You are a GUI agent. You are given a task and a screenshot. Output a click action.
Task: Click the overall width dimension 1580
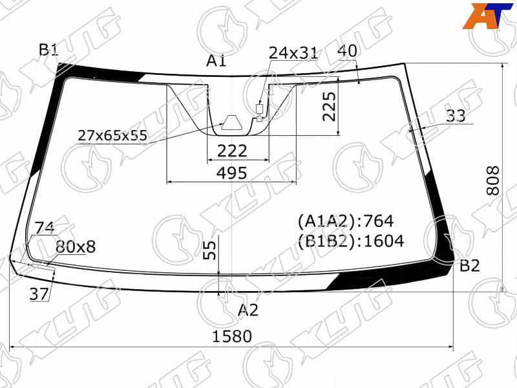pos(232,336)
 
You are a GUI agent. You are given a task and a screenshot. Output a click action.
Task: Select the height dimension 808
pos(493,180)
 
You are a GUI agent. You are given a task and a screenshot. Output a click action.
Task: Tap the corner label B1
pos(48,50)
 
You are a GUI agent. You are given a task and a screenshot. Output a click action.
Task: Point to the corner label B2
pos(470,266)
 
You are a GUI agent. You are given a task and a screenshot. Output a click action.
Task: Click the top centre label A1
pos(216,61)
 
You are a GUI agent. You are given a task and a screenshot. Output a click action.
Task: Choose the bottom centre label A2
pos(248,310)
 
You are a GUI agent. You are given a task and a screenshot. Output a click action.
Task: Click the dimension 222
pos(232,151)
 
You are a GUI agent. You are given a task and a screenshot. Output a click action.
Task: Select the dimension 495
pos(231,173)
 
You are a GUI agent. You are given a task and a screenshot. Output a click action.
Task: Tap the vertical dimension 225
pos(330,107)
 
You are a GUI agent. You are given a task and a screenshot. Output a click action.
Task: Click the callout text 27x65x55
pos(112,135)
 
